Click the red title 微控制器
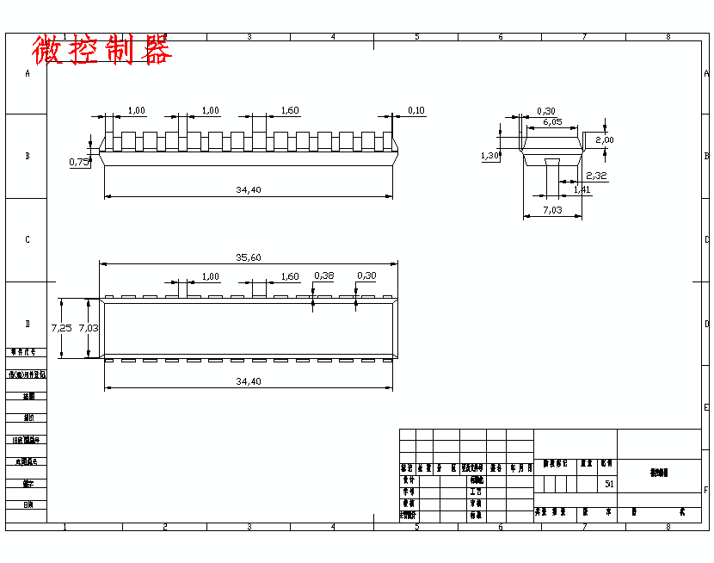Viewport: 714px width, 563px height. tap(102, 50)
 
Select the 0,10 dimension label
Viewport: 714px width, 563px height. tap(415, 110)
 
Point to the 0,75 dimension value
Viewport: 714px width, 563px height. tap(78, 161)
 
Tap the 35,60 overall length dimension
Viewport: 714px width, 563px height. tap(248, 257)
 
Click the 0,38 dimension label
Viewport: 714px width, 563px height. tap(324, 275)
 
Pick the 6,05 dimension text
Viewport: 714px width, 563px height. tap(552, 122)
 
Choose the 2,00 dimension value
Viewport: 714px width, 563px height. tap(605, 139)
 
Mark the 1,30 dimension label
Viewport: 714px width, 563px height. tap(490, 156)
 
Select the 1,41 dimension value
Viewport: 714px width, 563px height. tap(582, 189)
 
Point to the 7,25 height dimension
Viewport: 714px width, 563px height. tap(61, 328)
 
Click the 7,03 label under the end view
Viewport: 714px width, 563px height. tap(552, 210)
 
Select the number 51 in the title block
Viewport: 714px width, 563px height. tap(609, 484)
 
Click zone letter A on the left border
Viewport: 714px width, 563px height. tap(27, 74)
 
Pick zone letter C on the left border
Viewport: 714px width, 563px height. tap(27, 239)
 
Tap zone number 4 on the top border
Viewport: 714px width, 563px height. tap(332, 37)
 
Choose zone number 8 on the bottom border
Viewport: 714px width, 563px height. tap(667, 526)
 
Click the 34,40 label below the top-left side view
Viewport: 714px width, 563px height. tap(248, 189)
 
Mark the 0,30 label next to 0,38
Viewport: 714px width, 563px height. tap(366, 275)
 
